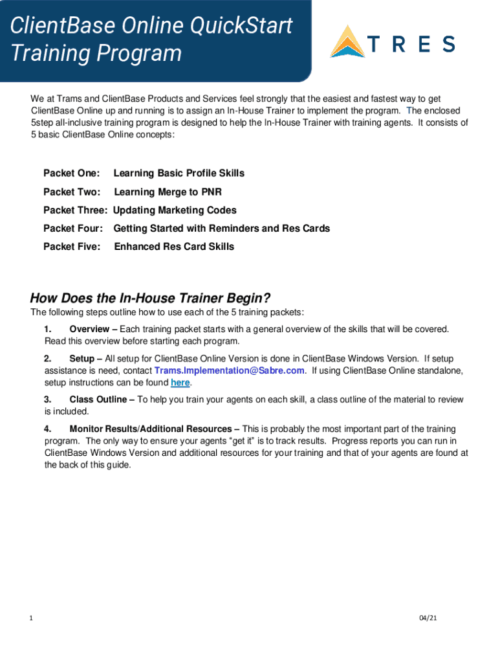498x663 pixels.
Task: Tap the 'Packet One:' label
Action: pyautogui.click(x=71, y=174)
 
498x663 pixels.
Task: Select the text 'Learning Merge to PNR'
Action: pyautogui.click(x=168, y=192)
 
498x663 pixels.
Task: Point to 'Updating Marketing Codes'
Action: pyautogui.click(x=175, y=210)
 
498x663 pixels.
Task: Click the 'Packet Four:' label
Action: pyautogui.click(x=72, y=229)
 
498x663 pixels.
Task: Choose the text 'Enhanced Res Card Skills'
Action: pyautogui.click(x=174, y=247)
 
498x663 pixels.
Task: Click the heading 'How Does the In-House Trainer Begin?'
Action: pyautogui.click(x=150, y=298)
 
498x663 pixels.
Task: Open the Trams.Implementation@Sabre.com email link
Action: pyautogui.click(x=229, y=371)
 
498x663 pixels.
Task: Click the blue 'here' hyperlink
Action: pyautogui.click(x=180, y=383)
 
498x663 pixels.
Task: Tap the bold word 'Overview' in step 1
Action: pyautogui.click(x=89, y=330)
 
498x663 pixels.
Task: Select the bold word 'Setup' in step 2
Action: pyautogui.click(x=81, y=359)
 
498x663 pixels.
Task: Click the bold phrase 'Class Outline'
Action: pyautogui.click(x=98, y=399)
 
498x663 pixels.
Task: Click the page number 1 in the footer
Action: pyautogui.click(x=31, y=618)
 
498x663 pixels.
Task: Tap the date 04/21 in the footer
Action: pyautogui.click(x=428, y=618)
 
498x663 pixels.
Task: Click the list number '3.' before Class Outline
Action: pyautogui.click(x=48, y=399)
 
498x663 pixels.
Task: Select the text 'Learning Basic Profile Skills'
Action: pyautogui.click(x=179, y=174)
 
